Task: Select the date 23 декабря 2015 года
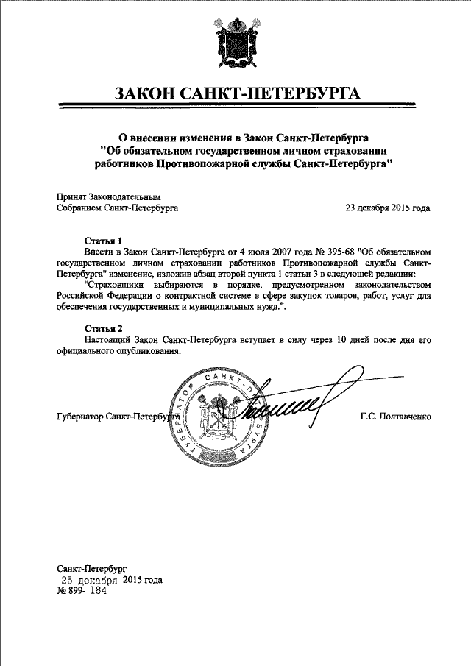click(388, 208)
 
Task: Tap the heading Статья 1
click(102, 241)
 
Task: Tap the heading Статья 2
click(102, 328)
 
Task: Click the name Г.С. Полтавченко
click(395, 417)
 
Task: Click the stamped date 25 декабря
click(89, 580)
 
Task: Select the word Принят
click(71, 197)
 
